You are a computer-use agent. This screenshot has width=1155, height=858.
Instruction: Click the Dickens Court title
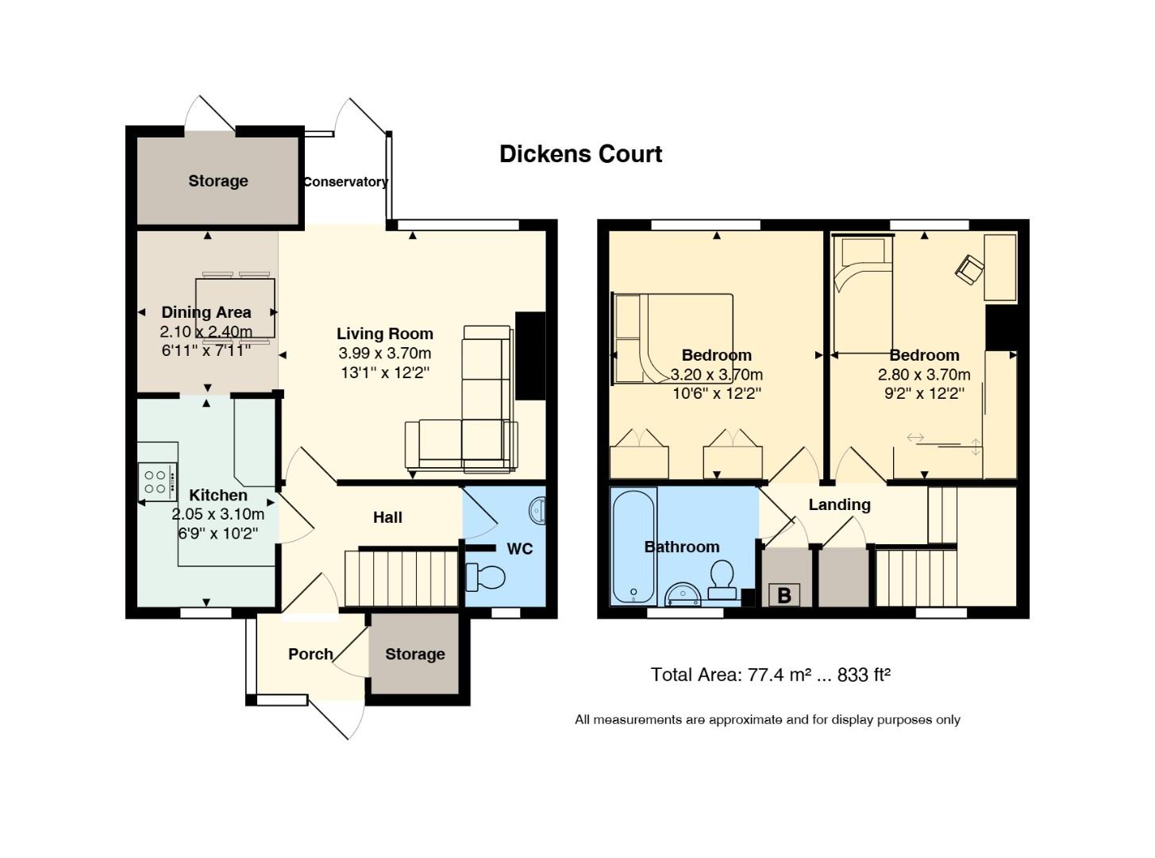(x=580, y=154)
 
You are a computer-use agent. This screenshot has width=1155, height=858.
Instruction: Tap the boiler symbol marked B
(x=784, y=595)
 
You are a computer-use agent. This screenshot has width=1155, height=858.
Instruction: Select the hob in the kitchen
(x=156, y=481)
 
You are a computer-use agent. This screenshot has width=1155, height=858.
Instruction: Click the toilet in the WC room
(x=486, y=578)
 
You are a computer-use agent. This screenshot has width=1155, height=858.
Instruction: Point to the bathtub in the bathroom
(x=633, y=546)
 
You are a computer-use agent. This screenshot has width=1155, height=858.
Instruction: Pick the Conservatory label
(x=345, y=182)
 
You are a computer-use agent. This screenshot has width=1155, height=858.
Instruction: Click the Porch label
(x=310, y=654)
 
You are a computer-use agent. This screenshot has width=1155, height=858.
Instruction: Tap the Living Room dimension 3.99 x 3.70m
(x=385, y=354)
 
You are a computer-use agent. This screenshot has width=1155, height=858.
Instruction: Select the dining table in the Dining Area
(x=236, y=308)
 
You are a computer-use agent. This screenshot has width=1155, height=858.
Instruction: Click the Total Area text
(x=770, y=675)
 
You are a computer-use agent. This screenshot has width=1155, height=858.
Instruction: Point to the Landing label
(x=839, y=504)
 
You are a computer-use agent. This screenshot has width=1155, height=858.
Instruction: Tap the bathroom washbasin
(x=682, y=593)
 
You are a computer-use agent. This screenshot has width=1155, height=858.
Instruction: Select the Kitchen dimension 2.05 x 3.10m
(x=218, y=515)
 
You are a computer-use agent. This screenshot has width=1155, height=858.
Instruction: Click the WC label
(x=519, y=549)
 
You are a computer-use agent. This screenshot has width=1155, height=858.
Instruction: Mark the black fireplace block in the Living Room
(x=530, y=356)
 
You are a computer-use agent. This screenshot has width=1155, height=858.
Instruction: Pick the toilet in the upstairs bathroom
(x=722, y=579)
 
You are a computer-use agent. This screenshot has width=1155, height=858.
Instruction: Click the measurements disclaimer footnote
(x=767, y=720)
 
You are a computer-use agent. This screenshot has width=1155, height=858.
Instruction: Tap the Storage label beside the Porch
(x=414, y=654)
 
